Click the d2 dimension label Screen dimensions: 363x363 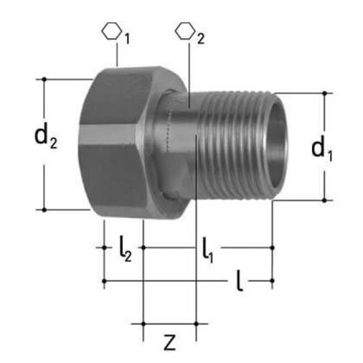[46, 138]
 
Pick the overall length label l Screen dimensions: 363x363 [240, 282]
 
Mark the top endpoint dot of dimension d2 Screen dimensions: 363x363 [44, 79]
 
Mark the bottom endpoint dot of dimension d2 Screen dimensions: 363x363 [44, 209]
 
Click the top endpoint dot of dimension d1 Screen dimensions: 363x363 [324, 93]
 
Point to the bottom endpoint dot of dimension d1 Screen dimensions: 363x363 [324, 200]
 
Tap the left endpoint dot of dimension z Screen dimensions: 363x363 [143, 323]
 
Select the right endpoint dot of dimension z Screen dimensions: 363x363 [196, 323]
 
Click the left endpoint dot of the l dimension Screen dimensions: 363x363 [104, 280]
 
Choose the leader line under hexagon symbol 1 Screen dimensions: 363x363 [116, 55]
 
